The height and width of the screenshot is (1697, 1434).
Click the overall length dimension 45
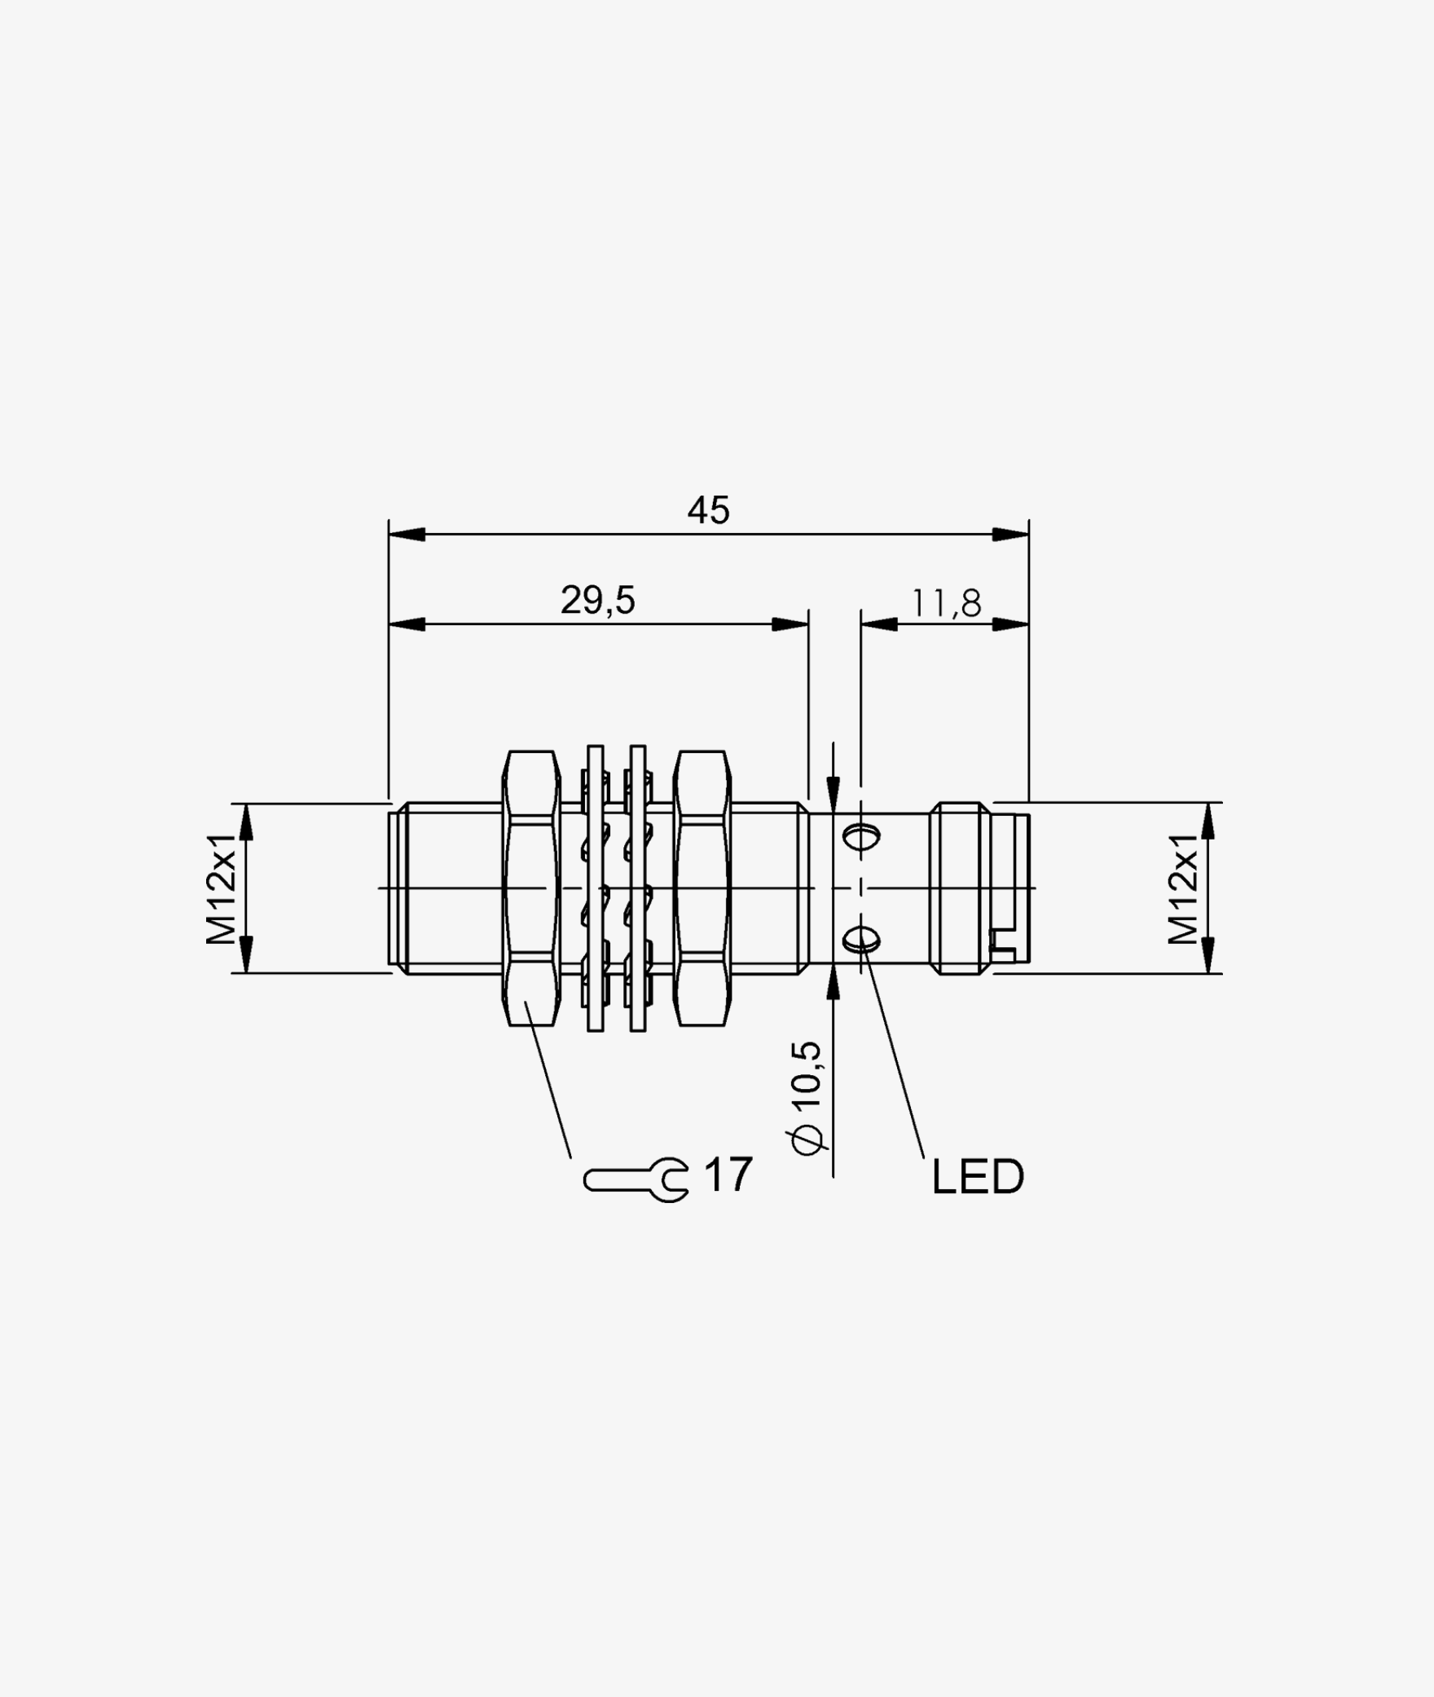(708, 511)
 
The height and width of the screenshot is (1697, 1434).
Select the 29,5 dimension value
(597, 601)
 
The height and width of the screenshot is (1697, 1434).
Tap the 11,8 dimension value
(946, 604)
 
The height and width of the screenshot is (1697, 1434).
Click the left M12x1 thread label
(221, 888)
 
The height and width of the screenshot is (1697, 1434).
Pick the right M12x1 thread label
(1184, 888)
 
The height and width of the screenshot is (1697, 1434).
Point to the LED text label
(978, 1177)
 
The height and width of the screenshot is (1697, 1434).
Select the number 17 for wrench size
(728, 1175)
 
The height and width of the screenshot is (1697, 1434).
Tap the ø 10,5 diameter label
(807, 1097)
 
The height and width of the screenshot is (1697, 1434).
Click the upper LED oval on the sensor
(861, 836)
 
